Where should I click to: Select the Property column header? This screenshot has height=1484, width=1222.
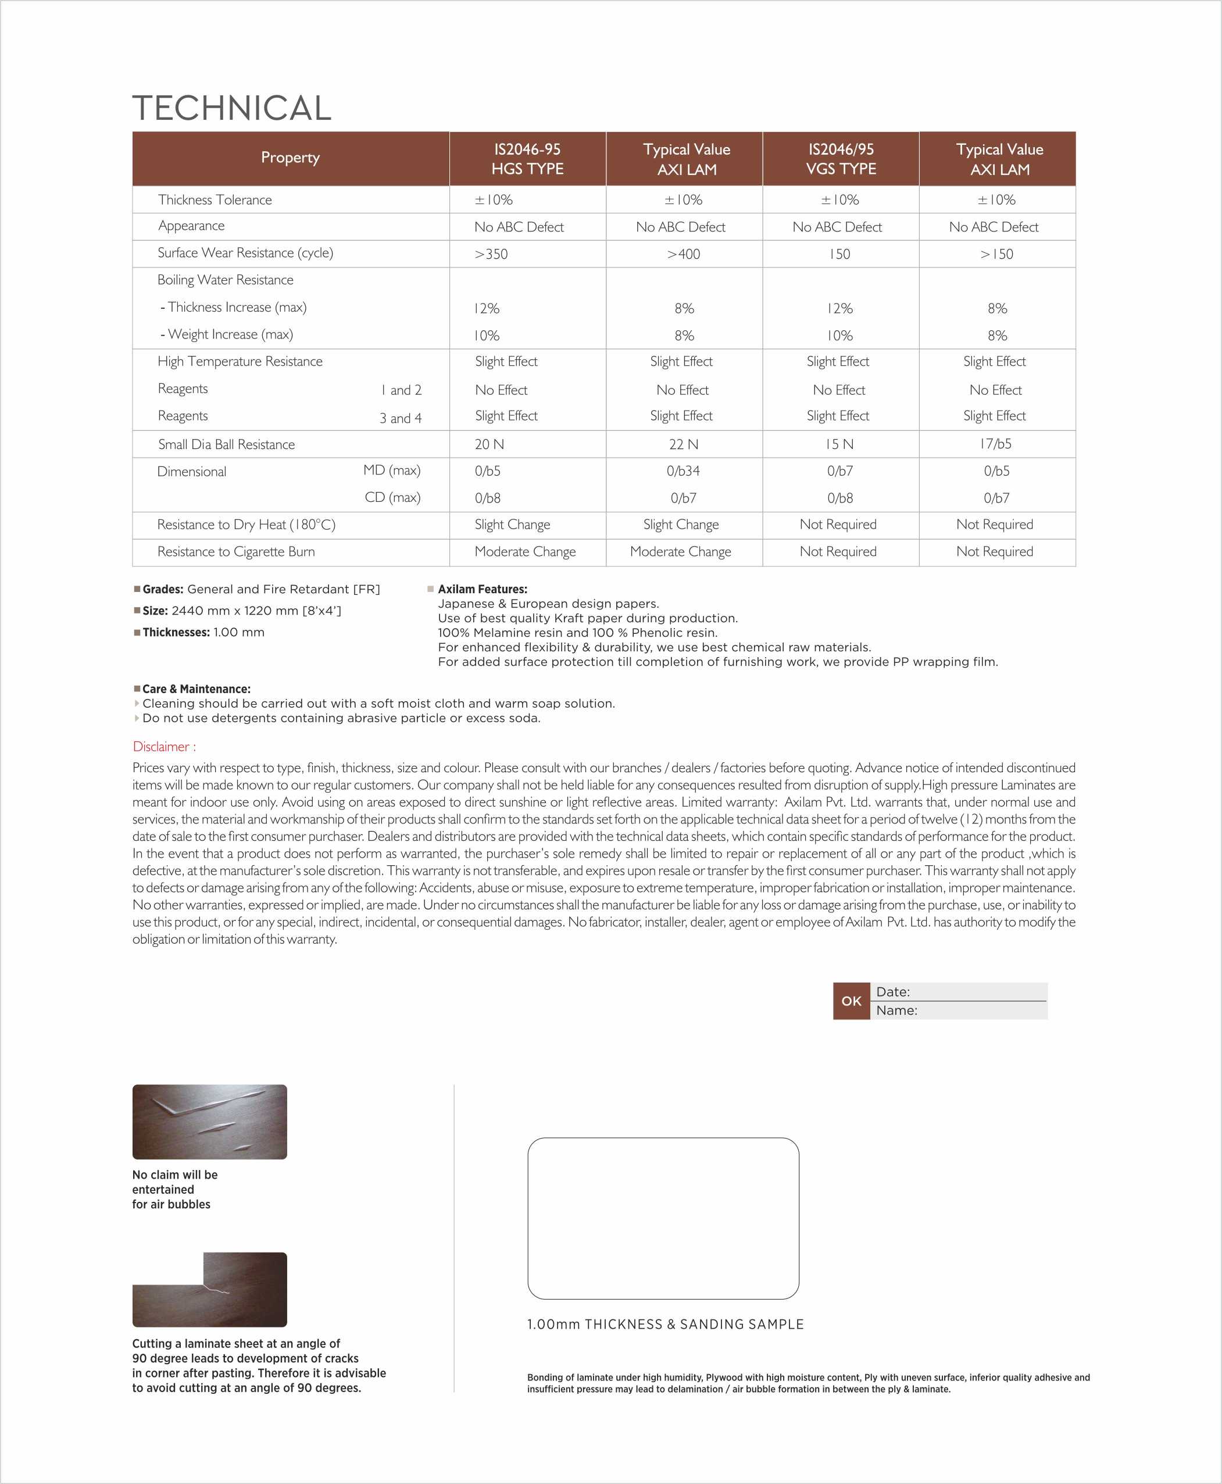(290, 158)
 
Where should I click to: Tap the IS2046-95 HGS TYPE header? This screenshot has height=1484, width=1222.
(527, 159)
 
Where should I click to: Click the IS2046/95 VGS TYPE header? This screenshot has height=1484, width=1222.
(841, 159)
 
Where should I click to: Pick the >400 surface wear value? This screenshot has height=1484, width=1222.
(684, 254)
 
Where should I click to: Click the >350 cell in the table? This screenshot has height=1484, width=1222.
(491, 254)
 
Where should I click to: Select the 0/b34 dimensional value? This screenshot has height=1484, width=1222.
(683, 471)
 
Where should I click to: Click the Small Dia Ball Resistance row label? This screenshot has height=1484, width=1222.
(226, 444)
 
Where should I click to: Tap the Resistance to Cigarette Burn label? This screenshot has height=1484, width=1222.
(236, 552)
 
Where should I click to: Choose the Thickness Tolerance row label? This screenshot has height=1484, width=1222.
(215, 200)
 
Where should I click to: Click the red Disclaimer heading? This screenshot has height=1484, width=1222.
(164, 746)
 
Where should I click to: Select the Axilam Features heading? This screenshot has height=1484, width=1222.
(482, 589)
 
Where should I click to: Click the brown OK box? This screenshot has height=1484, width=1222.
(851, 1001)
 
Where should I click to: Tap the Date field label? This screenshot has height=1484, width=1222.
(892, 992)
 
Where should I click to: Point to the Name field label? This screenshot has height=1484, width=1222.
(896, 1010)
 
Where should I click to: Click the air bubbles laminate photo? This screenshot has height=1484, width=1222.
(209, 1122)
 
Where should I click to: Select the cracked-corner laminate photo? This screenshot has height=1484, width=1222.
(209, 1289)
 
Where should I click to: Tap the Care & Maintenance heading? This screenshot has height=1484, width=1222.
(196, 689)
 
